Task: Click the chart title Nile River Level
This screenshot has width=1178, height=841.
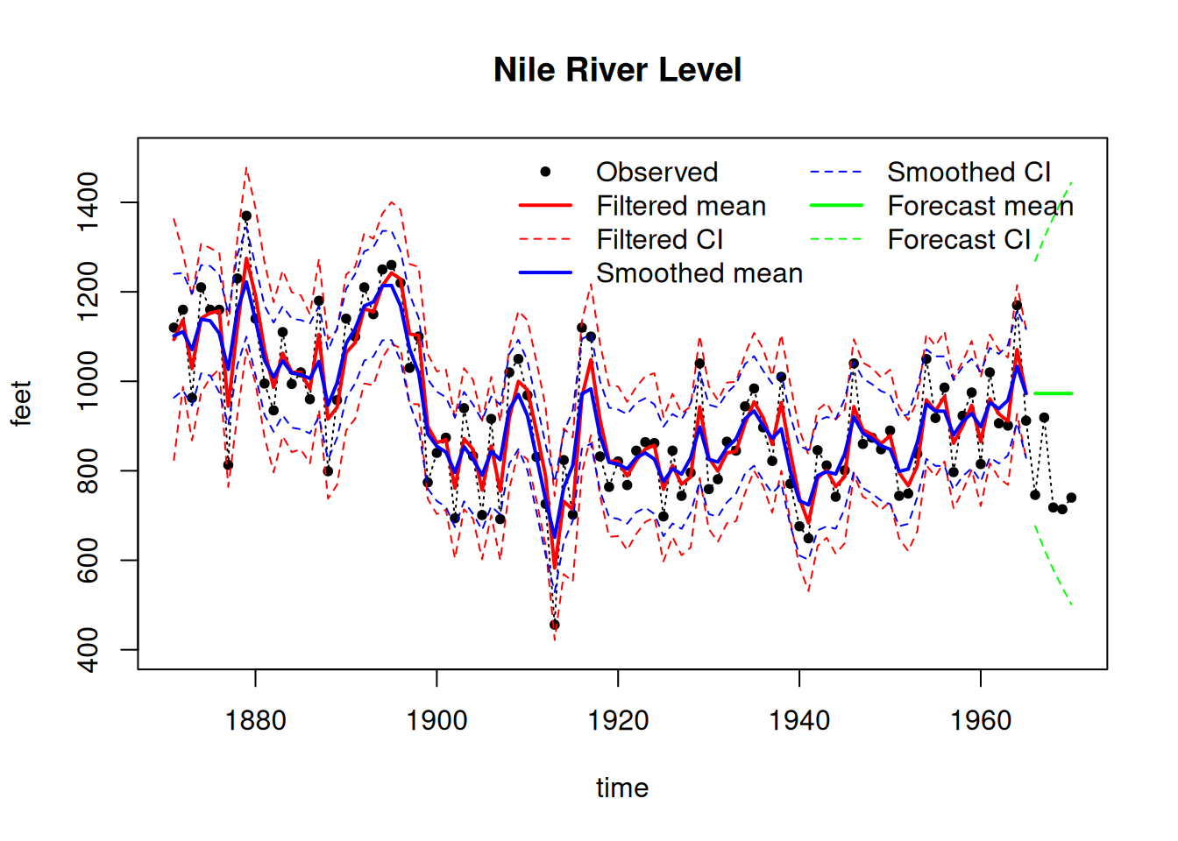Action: (x=617, y=70)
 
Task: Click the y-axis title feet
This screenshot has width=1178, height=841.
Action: (x=21, y=403)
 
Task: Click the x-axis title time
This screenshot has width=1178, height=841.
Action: (x=622, y=788)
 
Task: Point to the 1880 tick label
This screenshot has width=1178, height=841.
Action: (x=255, y=721)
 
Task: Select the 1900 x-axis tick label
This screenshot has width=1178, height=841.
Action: (x=436, y=721)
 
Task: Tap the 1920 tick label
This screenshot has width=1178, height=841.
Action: (x=618, y=721)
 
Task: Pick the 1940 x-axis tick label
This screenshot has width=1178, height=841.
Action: (x=799, y=721)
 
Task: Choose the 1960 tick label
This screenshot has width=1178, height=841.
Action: (x=981, y=721)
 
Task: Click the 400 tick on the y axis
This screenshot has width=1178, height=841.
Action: (x=89, y=649)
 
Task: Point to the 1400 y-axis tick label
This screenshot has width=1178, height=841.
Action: (x=89, y=202)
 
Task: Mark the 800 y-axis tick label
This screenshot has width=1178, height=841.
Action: (x=89, y=470)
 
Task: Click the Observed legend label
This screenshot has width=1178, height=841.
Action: (x=656, y=172)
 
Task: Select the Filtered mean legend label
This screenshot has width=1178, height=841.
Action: (x=681, y=206)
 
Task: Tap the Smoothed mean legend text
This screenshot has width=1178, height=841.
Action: (x=699, y=273)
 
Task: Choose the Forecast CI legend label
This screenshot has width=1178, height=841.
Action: (x=959, y=239)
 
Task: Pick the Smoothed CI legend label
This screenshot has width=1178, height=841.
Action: (x=969, y=172)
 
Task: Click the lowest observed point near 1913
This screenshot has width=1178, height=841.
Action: (x=555, y=625)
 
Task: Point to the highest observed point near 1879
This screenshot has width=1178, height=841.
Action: (x=246, y=216)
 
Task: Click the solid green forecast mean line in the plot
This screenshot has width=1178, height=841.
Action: (x=1053, y=393)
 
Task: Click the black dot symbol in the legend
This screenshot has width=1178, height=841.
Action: (x=545, y=172)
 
